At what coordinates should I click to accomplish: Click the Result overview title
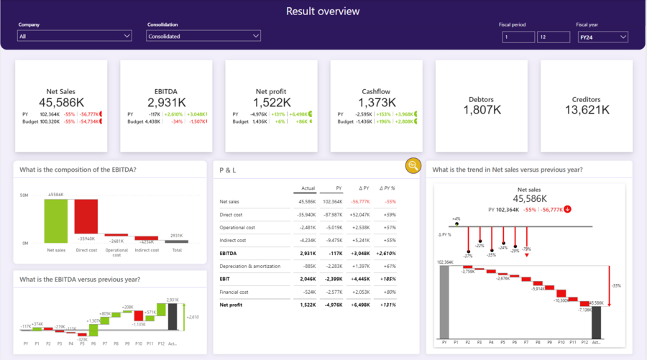[x=323, y=11]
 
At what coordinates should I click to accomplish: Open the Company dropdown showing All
[x=75, y=36]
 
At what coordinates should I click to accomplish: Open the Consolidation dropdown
[x=203, y=36]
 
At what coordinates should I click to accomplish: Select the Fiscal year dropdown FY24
[x=602, y=37]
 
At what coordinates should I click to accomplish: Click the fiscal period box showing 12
[x=553, y=37]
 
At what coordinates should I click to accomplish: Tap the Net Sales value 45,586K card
[x=61, y=102]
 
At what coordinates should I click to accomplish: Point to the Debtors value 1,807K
[x=481, y=110]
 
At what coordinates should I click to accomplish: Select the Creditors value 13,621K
[x=586, y=110]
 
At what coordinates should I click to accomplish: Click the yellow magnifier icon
[x=413, y=165]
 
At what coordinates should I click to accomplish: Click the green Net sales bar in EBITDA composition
[x=55, y=221]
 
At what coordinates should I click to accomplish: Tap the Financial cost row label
[x=234, y=292]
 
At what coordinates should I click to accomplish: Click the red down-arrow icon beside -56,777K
[x=568, y=209]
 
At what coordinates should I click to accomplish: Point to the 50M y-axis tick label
[x=24, y=195]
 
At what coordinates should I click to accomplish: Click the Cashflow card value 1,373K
[x=376, y=102]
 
